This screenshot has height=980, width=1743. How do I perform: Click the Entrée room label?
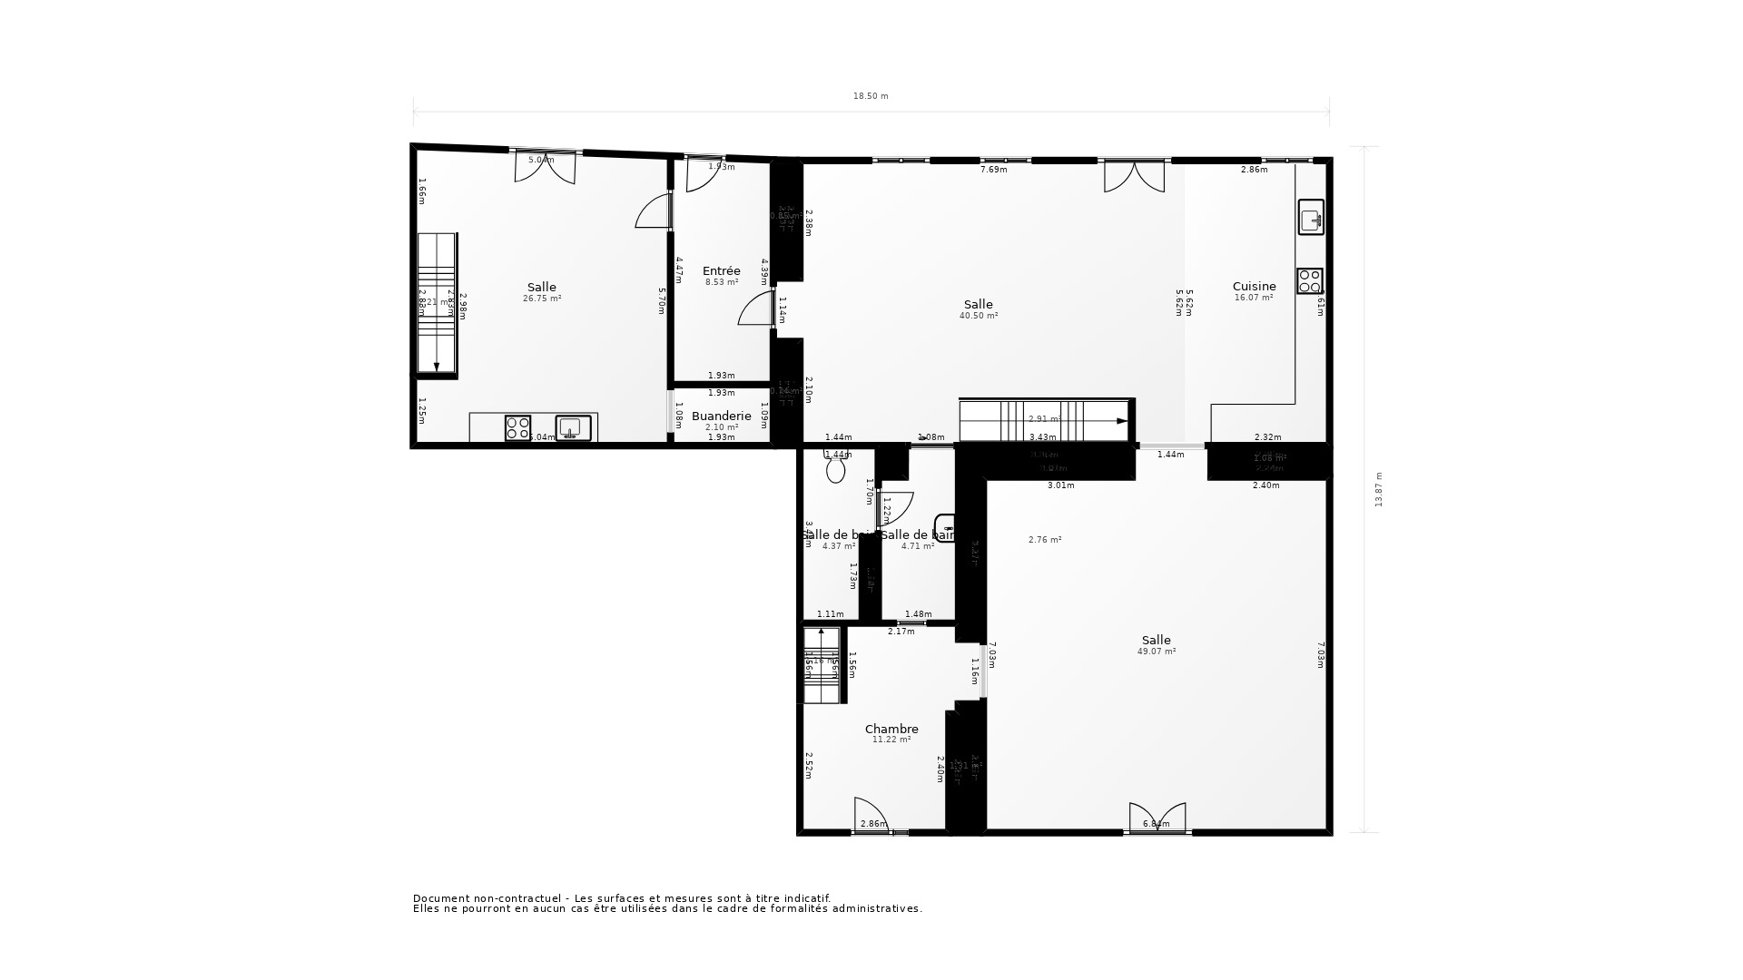point(722,270)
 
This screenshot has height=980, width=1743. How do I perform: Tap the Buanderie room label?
point(722,416)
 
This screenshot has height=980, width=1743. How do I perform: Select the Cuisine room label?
point(1254,286)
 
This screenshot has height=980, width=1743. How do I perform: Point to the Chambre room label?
point(891,729)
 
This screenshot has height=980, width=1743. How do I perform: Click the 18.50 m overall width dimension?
point(871,96)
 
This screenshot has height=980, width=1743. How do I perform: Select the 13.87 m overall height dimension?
point(1378,489)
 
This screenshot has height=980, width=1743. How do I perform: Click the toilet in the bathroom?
point(836,468)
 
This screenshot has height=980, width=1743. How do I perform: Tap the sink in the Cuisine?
point(1310,218)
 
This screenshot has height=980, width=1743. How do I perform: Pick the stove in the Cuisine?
point(1309,281)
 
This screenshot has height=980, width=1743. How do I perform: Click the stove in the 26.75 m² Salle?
point(517,428)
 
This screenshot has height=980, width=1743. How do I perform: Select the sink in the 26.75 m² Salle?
point(573,427)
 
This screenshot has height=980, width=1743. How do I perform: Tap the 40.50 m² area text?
point(979,316)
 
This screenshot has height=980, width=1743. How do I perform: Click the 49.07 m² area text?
point(1157,652)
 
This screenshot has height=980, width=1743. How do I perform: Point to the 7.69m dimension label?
point(994,170)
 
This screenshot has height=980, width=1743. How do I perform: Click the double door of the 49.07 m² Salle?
point(1157,817)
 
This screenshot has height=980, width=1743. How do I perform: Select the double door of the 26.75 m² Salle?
point(546,168)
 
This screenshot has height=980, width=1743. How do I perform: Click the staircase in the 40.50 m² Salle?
point(1044,420)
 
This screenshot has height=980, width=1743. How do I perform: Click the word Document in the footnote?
point(442,898)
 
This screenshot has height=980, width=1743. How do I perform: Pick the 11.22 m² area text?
point(891,740)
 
